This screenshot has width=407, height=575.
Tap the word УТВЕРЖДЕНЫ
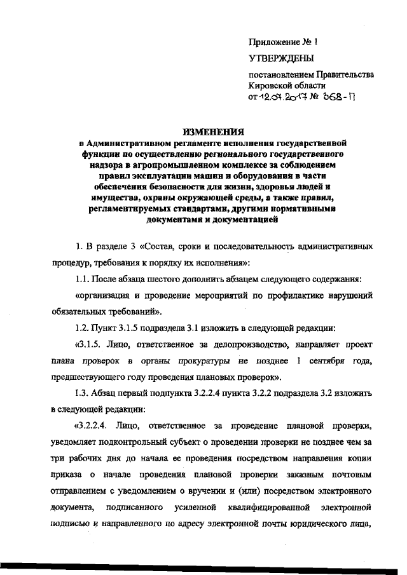[279, 59]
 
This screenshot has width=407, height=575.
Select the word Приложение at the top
[273, 42]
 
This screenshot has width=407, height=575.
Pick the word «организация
[104, 295]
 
